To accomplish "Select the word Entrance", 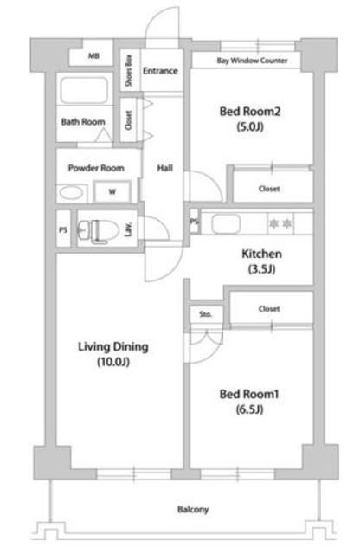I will [160, 70].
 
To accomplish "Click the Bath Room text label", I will [83, 122].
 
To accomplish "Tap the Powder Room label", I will [96, 168].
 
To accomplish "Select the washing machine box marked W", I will [112, 192].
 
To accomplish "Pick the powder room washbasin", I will [72, 192].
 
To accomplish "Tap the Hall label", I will [164, 168].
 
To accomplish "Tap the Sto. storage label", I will [206, 314].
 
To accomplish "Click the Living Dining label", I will [113, 346].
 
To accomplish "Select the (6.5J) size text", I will [247, 409].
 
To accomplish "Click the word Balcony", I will [193, 510].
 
